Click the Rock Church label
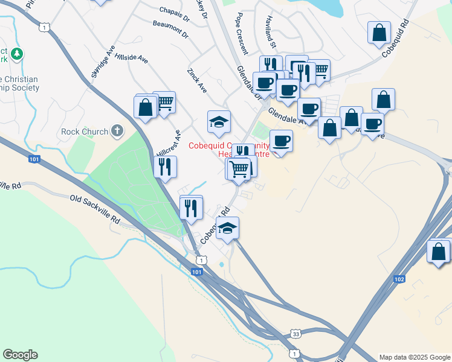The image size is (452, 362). tap(85, 132)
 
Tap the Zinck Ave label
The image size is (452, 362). tap(197, 80)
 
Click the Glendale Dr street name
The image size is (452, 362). tap(250, 83)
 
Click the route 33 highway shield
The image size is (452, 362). tap(295, 333)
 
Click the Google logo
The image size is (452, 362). tap(20, 355)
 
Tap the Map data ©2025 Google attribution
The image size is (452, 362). tap(415, 357)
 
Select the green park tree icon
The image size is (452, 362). tap(18, 54)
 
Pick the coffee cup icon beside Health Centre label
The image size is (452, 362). tap(280, 141)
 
